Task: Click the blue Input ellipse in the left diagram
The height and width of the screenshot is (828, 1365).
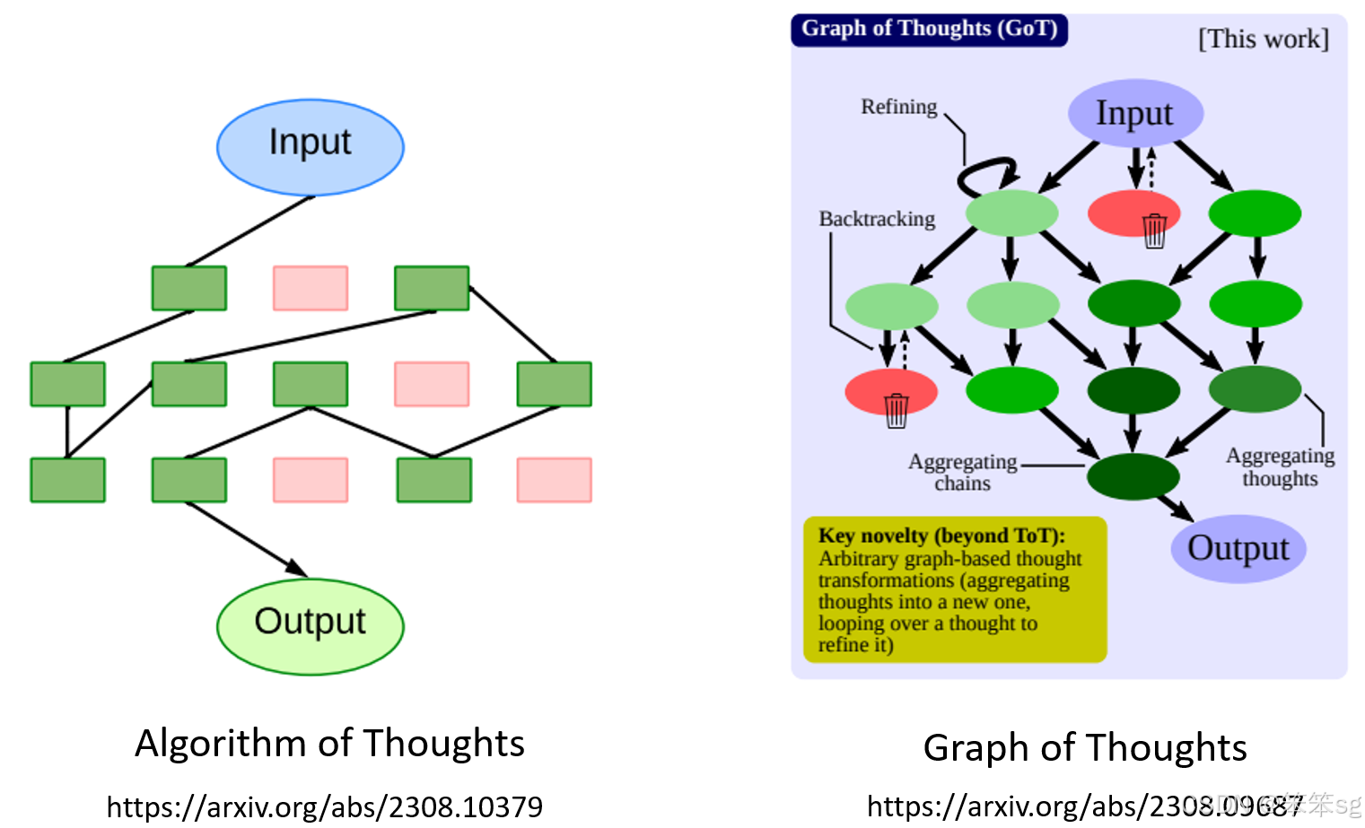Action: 310,147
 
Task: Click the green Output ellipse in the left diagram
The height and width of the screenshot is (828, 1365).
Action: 310,626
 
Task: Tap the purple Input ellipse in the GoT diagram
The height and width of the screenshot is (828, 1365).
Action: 1134,114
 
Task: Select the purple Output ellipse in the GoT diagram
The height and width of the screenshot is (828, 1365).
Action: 1238,548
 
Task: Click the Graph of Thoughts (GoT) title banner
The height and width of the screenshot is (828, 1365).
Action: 929,29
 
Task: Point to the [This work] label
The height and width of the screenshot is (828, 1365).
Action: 1263,39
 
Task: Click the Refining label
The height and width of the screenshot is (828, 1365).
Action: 898,107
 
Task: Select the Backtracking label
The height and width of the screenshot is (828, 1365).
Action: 877,219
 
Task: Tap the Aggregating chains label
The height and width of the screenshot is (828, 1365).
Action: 962,472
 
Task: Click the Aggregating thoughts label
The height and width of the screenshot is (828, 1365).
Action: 1280,466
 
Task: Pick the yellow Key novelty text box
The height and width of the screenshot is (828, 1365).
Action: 955,589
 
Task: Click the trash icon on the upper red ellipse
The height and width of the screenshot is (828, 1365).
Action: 1154,231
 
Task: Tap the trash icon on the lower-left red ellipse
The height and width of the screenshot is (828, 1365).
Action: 897,410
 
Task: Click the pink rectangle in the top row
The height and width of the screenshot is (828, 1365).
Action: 310,288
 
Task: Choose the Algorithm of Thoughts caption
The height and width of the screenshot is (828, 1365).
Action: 329,744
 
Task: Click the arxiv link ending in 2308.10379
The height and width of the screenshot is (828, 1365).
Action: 324,806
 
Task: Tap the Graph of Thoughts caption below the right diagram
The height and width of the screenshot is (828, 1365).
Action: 1084,747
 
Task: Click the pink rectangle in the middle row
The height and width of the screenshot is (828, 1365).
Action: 432,384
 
